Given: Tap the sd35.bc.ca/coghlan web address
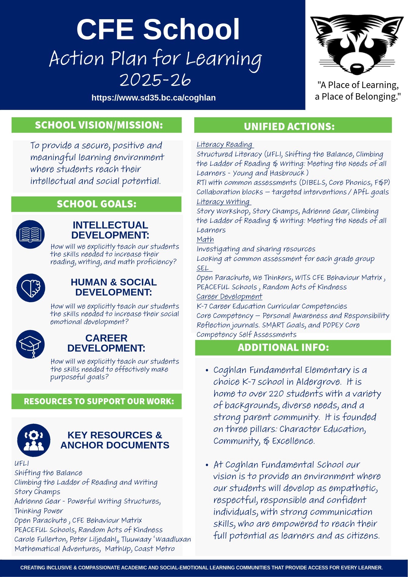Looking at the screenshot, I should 153,98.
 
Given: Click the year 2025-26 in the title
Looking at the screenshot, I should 155,80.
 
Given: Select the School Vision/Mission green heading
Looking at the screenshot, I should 97,125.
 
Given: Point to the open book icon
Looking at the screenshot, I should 30,234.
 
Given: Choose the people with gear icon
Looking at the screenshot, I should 33,440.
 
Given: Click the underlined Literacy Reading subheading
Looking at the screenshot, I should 224,144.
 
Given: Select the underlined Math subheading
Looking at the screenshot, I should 205,239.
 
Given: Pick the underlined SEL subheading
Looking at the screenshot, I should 203,268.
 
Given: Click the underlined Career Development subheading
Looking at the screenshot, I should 229,296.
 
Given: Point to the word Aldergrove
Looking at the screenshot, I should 319,382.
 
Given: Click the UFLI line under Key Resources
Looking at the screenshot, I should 22,463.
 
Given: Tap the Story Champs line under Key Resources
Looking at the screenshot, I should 37,492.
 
